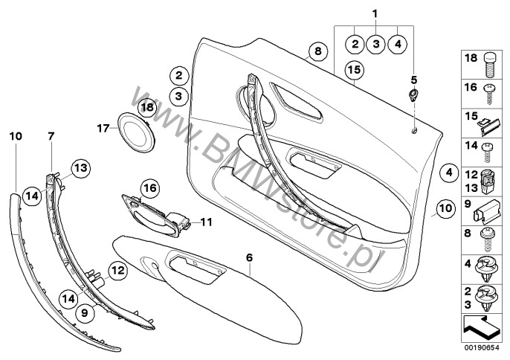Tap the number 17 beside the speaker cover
pyautogui.click(x=103, y=128)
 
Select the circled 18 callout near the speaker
pyautogui.click(x=147, y=107)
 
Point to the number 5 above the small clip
pyautogui.click(x=413, y=80)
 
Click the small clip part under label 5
pyautogui.click(x=413, y=95)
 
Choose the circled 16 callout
pyautogui.click(x=150, y=188)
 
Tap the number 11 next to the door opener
pyautogui.click(x=206, y=222)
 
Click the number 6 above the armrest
pyautogui.click(x=249, y=258)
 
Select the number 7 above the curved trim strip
pyautogui.click(x=51, y=136)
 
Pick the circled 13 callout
pyautogui.click(x=80, y=168)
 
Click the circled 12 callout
pyautogui.click(x=117, y=270)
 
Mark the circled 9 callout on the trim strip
pyautogui.click(x=84, y=313)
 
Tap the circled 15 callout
pyautogui.click(x=355, y=70)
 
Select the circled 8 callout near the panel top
pyautogui.click(x=317, y=51)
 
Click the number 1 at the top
pyautogui.click(x=375, y=14)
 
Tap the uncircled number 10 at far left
pyautogui.click(x=16, y=136)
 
